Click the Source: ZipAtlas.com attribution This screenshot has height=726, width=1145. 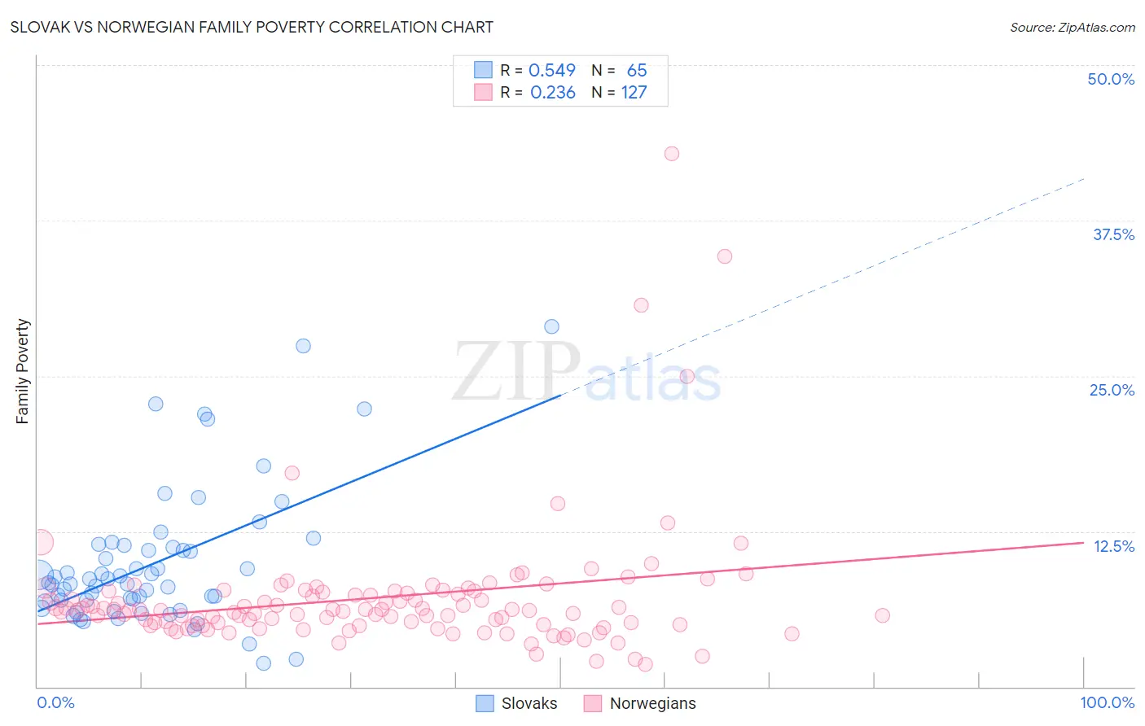[x=1072, y=27]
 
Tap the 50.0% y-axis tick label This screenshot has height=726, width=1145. [x=1111, y=79]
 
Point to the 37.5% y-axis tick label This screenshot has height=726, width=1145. [x=1113, y=234]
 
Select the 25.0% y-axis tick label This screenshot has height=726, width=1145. [x=1112, y=390]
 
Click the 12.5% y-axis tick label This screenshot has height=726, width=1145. [x=1113, y=546]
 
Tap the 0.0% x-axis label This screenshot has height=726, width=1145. [x=55, y=702]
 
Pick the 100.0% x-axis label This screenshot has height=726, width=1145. [x=1107, y=702]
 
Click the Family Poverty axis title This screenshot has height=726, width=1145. [x=23, y=371]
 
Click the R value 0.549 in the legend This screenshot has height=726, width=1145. [x=552, y=71]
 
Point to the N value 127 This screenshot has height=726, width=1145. [x=634, y=93]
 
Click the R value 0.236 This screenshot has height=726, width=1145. [x=552, y=93]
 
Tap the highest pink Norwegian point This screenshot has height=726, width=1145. [x=672, y=154]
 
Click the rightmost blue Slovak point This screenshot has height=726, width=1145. [x=551, y=326]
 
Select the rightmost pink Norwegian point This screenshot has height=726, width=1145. [x=882, y=615]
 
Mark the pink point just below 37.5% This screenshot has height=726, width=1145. [x=725, y=256]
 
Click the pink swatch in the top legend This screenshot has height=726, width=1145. [x=483, y=92]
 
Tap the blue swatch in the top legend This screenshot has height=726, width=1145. [x=483, y=70]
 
